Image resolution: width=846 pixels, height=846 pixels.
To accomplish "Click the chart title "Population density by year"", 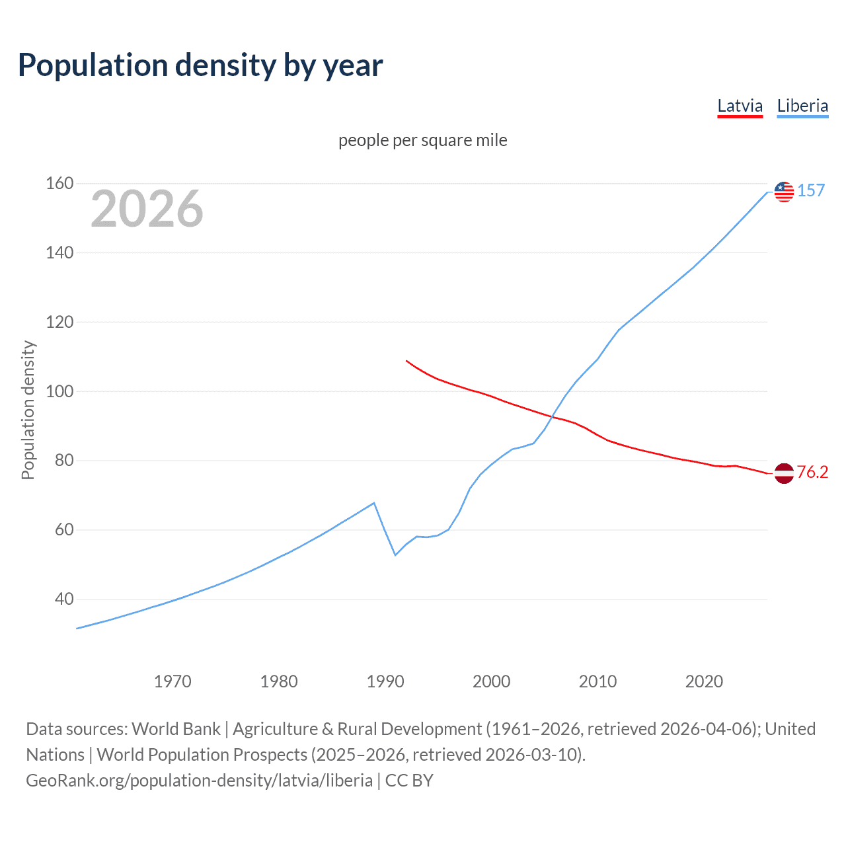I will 200,65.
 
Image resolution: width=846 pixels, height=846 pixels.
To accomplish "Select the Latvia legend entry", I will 740,106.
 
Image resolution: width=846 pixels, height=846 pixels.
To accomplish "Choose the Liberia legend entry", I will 802,106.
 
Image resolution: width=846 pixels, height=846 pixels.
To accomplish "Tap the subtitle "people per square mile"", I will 423,140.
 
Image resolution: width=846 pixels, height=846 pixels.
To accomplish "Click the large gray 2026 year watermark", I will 147,209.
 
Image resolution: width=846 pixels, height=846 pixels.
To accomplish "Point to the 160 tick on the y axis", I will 59,183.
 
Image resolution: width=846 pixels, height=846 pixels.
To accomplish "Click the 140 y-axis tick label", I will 59,252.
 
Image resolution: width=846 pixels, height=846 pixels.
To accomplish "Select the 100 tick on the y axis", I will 59,391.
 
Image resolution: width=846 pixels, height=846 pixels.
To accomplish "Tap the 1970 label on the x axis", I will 173,681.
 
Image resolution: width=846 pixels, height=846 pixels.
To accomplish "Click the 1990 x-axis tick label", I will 385,681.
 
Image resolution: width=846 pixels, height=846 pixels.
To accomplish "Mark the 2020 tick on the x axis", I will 704,681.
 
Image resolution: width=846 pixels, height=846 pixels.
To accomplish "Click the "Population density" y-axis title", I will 28,410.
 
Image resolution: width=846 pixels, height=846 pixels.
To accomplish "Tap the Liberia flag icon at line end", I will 784,192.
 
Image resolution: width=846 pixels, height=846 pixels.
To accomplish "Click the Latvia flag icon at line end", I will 784,473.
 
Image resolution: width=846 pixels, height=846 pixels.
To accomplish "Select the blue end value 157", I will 811,191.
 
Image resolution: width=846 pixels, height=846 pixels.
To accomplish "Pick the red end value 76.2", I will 812,472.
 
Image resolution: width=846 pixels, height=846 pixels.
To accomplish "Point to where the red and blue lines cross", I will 552,416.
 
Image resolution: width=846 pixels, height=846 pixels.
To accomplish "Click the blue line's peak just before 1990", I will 374,503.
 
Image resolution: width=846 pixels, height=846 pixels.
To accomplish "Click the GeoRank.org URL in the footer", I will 199,781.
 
